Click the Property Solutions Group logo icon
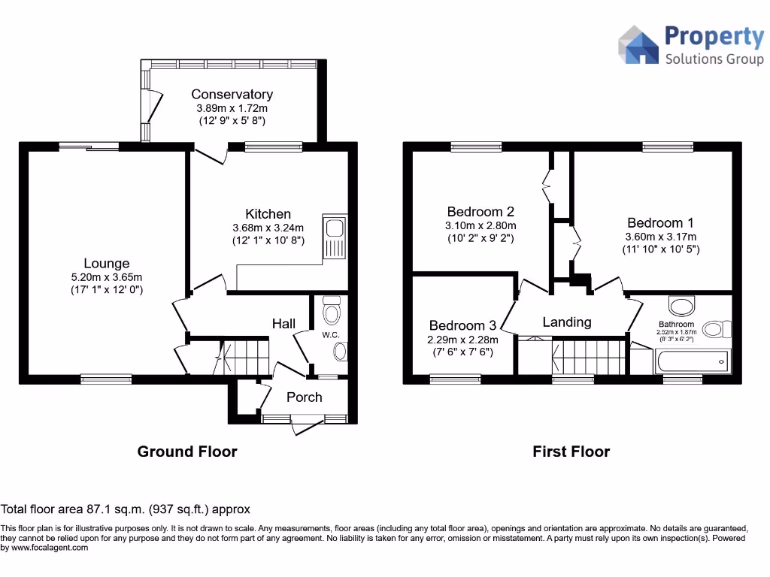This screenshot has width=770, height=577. pyautogui.click(x=638, y=45)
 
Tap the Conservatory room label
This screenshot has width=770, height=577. pyautogui.click(x=232, y=95)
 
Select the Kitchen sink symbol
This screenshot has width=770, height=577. pyautogui.click(x=334, y=237)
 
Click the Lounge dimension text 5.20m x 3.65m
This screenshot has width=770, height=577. pyautogui.click(x=106, y=276)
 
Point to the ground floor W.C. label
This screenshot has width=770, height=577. pyautogui.click(x=332, y=334)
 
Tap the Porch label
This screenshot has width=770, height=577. pyautogui.click(x=304, y=397)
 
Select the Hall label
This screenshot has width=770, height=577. pyautogui.click(x=283, y=323)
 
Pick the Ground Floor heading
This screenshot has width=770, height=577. pyautogui.click(x=186, y=452)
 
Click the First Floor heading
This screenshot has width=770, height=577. pyautogui.click(x=571, y=452)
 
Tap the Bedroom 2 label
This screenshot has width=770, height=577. pyautogui.click(x=480, y=212)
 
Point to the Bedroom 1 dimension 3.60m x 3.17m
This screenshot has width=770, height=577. pyautogui.click(x=661, y=236)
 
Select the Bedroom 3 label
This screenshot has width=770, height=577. pyautogui.click(x=462, y=325)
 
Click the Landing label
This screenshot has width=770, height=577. pyautogui.click(x=567, y=322)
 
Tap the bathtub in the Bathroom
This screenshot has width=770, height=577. pyautogui.click(x=692, y=362)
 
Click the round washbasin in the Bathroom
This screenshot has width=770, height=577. pyautogui.click(x=683, y=307)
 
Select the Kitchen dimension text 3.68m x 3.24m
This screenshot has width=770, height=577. pyautogui.click(x=268, y=228)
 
